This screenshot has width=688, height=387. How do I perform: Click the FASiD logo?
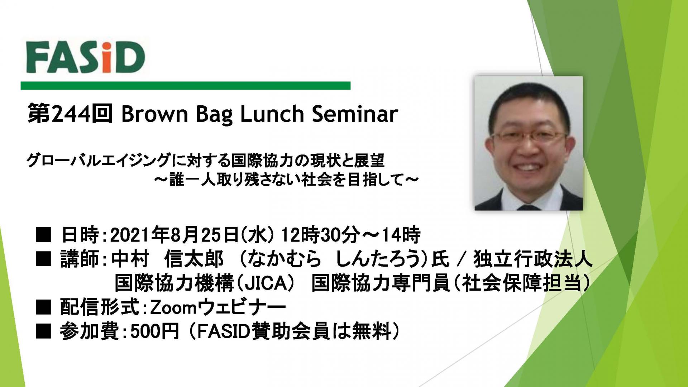pos(85,57)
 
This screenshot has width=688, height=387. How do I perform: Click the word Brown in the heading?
pos(154,114)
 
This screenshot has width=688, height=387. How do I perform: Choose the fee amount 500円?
pos(154,332)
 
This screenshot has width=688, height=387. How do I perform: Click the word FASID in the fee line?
pos(224,332)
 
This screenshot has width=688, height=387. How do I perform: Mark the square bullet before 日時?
pos(43,236)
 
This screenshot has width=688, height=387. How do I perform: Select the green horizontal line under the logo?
pos(185,86)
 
